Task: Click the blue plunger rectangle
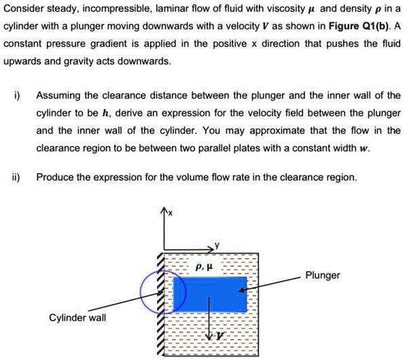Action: (209, 293)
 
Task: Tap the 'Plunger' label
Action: (323, 276)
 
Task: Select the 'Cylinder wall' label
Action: (77, 318)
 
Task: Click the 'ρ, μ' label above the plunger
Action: (204, 267)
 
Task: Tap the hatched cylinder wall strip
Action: (162, 306)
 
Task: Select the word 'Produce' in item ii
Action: (54, 177)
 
